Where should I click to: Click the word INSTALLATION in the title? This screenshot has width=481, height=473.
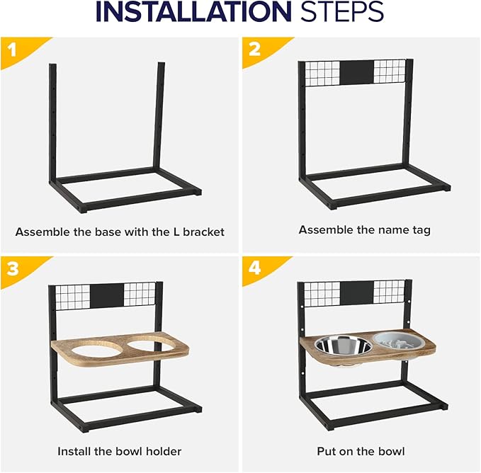(193, 11)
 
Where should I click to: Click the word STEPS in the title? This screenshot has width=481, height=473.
(342, 11)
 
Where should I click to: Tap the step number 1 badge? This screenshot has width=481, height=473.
(19, 50)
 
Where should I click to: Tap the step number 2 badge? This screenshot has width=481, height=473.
(260, 49)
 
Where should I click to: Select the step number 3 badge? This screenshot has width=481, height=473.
(19, 269)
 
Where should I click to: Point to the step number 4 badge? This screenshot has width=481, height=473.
(260, 268)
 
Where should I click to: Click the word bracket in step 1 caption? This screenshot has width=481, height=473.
(204, 232)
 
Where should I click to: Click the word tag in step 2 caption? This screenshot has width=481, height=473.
(421, 231)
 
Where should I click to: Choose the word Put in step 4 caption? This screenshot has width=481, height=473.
(326, 451)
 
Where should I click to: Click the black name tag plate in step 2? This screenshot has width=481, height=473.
(357, 72)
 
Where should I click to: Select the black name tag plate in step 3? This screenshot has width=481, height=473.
(107, 295)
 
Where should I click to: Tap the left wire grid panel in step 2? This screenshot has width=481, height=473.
(322, 73)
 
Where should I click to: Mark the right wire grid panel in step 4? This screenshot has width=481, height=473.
(389, 293)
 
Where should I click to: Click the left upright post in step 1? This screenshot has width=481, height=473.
(52, 122)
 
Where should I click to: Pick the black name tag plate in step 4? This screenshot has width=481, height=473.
(357, 293)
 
